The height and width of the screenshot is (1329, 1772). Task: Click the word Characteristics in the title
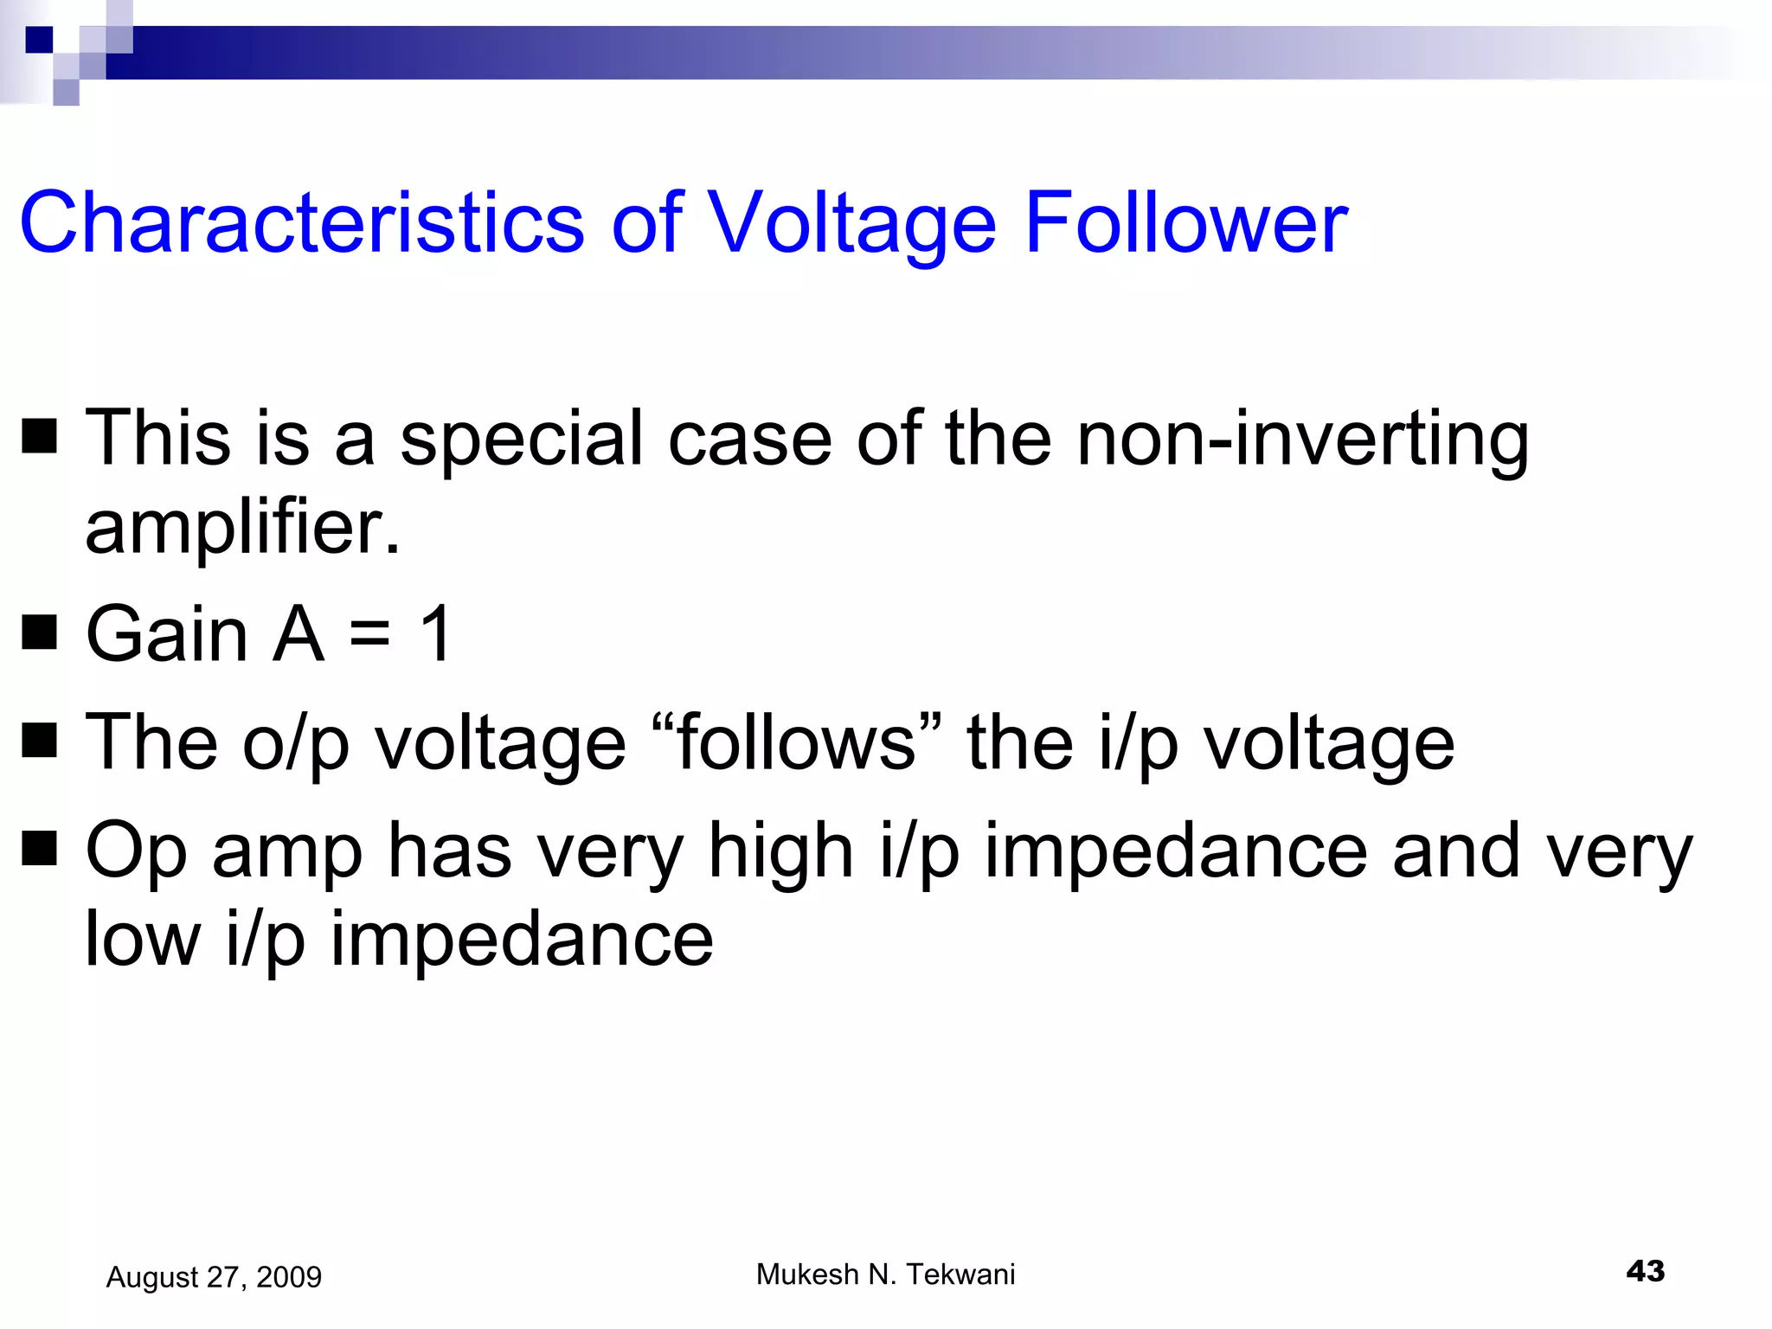click(x=302, y=223)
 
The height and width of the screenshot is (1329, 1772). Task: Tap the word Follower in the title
click(x=1185, y=223)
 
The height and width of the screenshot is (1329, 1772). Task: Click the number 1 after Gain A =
click(x=435, y=634)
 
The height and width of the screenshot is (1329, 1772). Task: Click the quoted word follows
click(x=796, y=742)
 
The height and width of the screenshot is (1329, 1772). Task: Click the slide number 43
click(x=1645, y=1271)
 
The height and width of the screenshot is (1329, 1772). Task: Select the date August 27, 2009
click(x=214, y=1277)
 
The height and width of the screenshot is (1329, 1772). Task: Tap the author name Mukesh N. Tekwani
click(x=885, y=1274)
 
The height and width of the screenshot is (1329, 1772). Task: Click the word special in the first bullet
click(x=522, y=440)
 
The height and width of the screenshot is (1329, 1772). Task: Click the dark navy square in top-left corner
click(x=39, y=39)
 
